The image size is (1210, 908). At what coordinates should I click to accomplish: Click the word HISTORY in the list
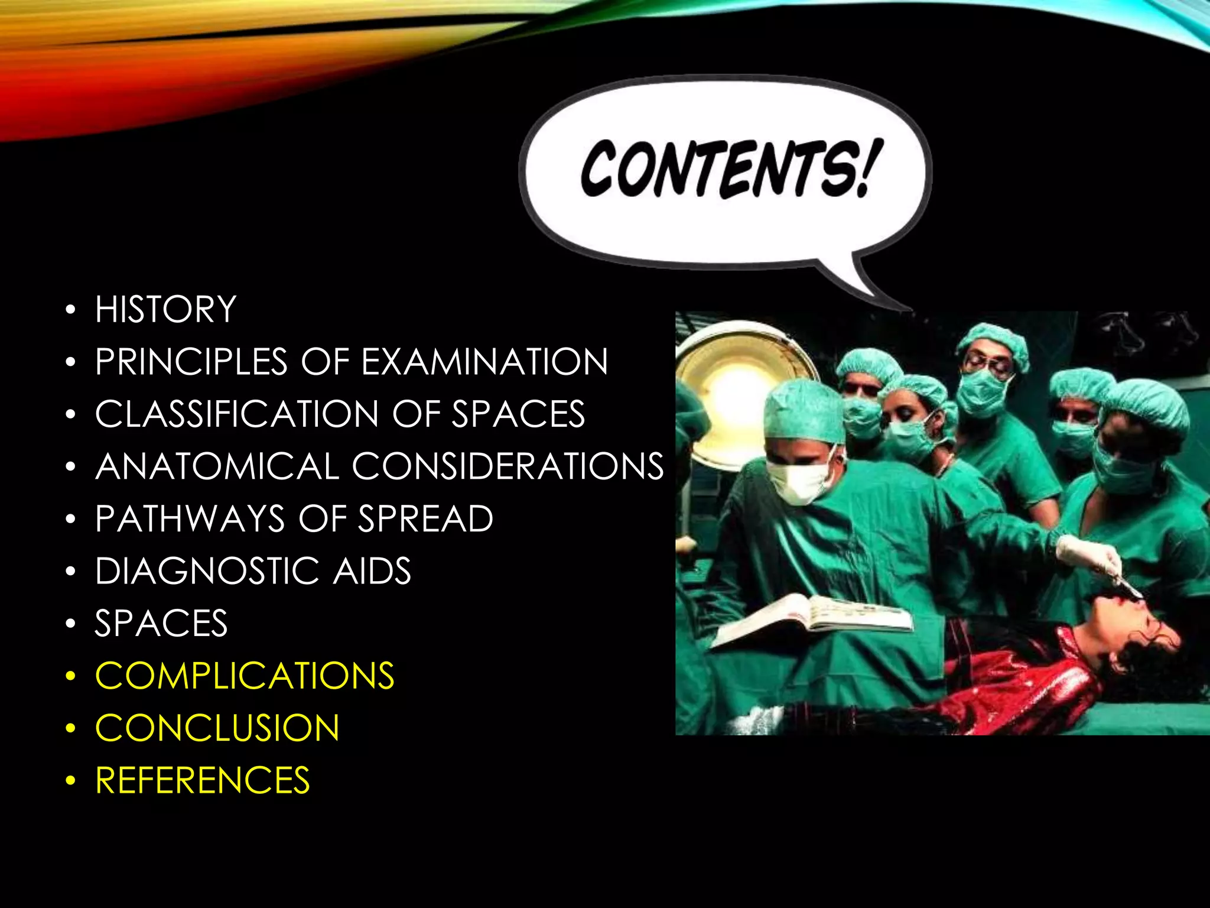165,309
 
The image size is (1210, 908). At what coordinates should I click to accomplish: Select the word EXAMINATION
484,362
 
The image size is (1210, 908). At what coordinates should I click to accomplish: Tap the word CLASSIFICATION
236,414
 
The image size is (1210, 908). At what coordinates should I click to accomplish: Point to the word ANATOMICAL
217,466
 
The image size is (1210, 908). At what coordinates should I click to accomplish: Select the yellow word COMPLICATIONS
245,676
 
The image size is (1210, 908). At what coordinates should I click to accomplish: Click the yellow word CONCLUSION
217,728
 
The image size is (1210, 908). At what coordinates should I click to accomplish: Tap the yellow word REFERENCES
203,780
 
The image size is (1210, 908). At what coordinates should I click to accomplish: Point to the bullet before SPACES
71,624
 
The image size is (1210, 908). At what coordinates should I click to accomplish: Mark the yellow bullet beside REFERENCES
71,781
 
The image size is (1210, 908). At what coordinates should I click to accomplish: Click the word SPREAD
425,519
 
